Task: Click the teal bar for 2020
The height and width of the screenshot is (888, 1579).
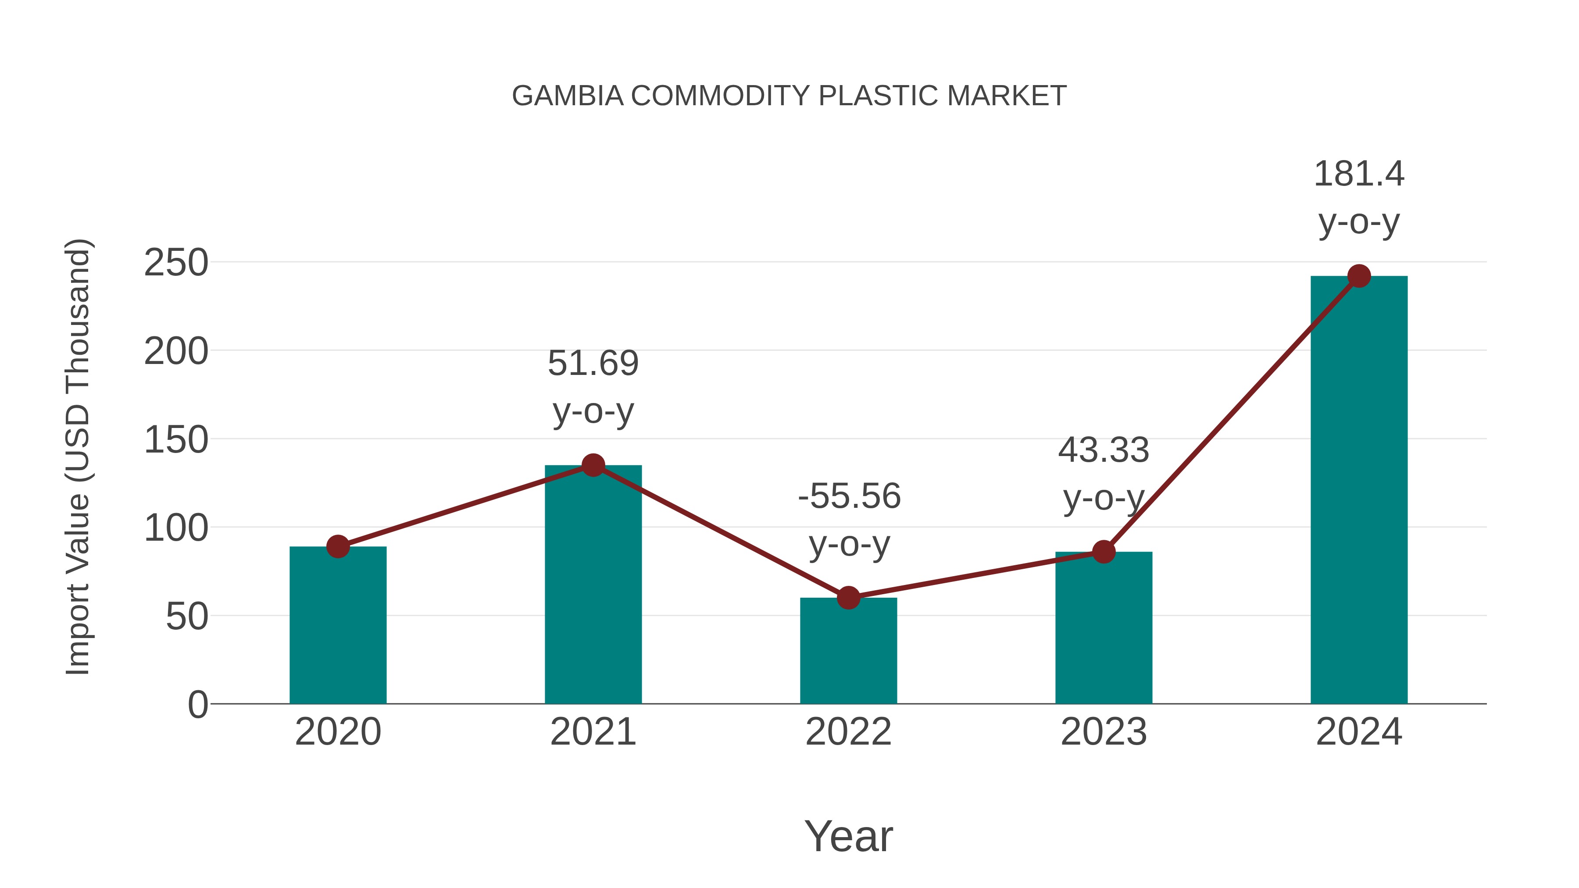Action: (x=338, y=625)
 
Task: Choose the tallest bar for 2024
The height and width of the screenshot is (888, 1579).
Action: (x=1359, y=490)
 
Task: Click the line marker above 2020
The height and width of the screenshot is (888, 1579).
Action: (x=338, y=546)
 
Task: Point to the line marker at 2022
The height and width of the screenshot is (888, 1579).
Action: (x=848, y=598)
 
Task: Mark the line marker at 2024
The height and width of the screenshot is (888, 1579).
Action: (x=1359, y=276)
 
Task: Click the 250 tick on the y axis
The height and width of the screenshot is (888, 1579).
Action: (x=176, y=263)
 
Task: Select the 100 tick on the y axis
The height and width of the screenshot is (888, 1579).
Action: (x=176, y=528)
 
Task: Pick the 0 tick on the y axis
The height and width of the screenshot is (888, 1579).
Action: (x=197, y=705)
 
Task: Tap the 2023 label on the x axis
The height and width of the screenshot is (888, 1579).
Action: (x=1104, y=732)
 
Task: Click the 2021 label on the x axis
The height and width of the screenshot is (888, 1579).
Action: (x=593, y=732)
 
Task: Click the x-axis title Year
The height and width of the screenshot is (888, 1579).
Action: (x=848, y=837)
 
